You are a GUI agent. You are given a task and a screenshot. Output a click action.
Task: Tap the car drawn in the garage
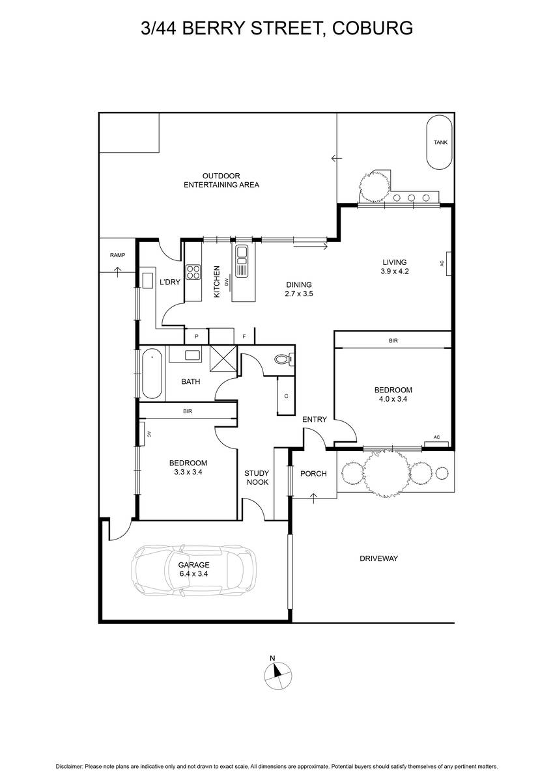193,570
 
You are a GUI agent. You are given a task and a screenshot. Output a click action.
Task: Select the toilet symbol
283,359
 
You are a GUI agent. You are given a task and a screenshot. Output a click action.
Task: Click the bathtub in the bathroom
151,374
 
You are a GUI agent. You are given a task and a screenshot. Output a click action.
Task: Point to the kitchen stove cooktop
193,271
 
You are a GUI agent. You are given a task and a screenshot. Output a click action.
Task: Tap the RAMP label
117,256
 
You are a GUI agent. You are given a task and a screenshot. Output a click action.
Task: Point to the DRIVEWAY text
378,558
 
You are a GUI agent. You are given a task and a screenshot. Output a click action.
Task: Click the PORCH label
313,473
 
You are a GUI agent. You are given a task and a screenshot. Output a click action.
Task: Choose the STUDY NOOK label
257,478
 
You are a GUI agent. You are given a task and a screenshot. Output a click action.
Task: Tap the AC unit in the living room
447,264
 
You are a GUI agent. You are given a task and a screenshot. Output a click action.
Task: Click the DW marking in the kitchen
227,282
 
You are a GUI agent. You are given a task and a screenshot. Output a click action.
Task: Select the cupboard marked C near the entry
287,395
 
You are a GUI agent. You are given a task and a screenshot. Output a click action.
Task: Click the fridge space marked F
244,336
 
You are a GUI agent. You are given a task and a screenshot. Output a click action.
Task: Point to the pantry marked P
196,336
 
